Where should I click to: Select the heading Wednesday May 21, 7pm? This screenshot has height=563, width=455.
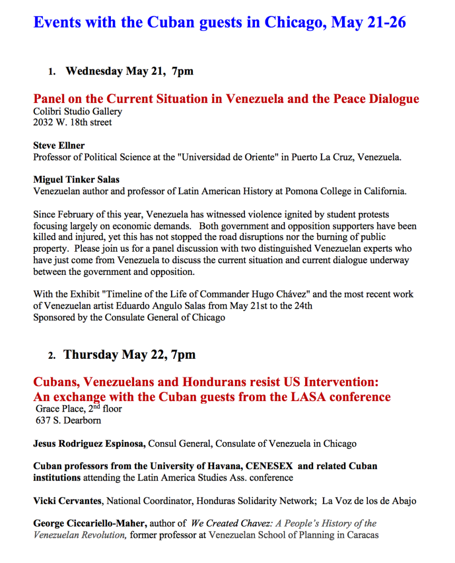click(129, 71)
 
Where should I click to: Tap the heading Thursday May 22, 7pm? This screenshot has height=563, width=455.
click(129, 355)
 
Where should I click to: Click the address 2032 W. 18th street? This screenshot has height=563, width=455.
click(72, 122)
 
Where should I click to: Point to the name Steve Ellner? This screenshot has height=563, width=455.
click(59, 145)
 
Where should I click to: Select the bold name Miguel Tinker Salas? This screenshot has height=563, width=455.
click(76, 179)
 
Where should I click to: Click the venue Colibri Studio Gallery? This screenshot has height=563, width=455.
click(78, 111)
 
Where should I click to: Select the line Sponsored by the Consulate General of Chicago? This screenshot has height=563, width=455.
click(129, 317)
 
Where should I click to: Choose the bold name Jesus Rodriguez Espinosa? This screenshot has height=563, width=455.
click(89, 444)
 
